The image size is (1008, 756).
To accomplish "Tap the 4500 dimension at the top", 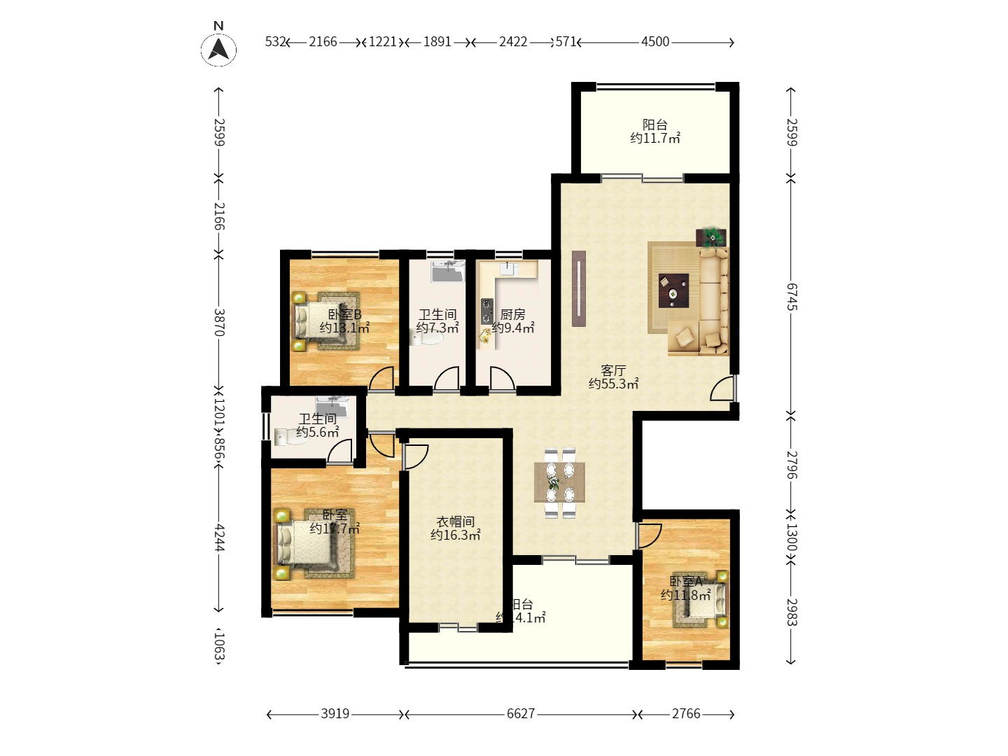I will tap(655, 42).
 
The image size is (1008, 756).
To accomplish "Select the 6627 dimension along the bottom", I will tap(520, 714).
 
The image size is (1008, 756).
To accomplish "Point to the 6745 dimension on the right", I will tap(791, 296).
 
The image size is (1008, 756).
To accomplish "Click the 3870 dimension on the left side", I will tap(219, 322).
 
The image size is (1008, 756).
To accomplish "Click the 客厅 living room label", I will tap(613, 370).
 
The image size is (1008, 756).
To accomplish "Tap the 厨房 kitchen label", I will tap(513, 314).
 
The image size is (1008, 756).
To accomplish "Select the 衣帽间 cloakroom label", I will tap(456, 521).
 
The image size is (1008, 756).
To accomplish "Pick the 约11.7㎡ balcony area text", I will tap(654, 139).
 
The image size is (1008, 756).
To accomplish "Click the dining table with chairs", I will tap(560, 482).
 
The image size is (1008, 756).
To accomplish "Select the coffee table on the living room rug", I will tap(673, 289).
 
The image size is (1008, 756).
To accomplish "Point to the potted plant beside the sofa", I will tap(712, 237).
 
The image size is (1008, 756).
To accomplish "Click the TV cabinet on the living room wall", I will tap(579, 288).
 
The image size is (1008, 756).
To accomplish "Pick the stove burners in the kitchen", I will tap(486, 311).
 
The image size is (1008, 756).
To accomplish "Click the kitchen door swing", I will tap(501, 379).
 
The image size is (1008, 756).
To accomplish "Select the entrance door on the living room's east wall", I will tap(722, 388).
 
